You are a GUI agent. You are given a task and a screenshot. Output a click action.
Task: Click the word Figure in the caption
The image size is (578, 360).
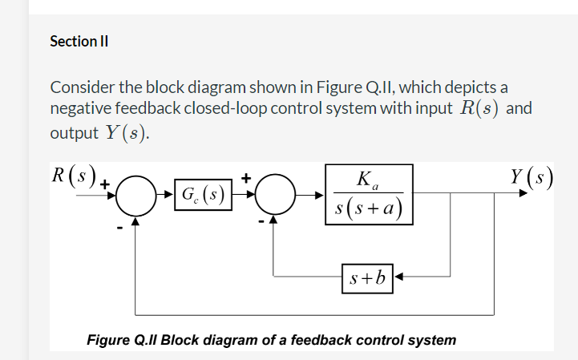coord(108,339)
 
